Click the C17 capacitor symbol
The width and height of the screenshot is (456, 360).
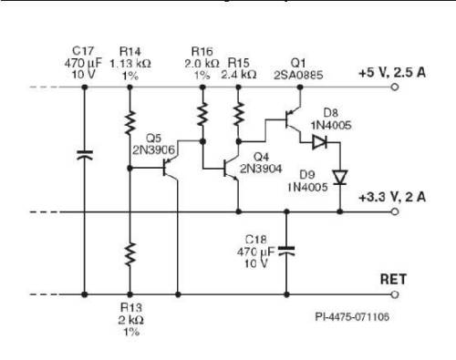[x=84, y=156]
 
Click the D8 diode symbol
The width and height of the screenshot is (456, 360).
[x=318, y=142]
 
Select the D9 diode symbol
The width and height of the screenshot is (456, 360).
[x=339, y=177]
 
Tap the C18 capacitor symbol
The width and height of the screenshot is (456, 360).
[x=288, y=248]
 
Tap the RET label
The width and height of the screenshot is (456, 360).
[x=392, y=280]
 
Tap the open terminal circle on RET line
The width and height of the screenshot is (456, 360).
[x=395, y=295]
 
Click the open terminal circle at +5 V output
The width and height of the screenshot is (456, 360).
[x=395, y=88]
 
